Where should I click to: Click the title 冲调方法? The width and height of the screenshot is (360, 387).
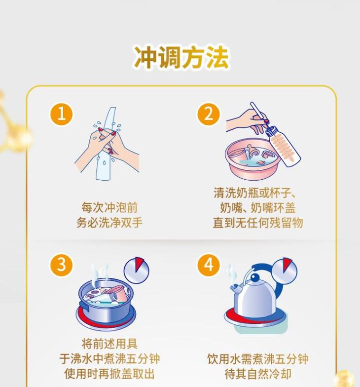[181, 57]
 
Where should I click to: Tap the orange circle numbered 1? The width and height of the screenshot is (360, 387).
[61, 115]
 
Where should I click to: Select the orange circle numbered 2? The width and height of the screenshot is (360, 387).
[208, 115]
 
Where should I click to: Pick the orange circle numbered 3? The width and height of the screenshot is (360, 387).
[61, 265]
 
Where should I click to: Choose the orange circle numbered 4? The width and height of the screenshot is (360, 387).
[208, 265]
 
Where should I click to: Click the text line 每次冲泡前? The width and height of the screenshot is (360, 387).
[109, 207]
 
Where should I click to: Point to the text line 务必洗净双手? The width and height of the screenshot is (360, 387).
[109, 223]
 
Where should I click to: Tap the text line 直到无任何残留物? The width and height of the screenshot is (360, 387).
[258, 223]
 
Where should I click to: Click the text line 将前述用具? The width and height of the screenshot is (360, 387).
[109, 344]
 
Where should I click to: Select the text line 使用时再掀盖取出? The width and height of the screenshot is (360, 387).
[109, 374]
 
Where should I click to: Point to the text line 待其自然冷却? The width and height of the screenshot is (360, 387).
[258, 374]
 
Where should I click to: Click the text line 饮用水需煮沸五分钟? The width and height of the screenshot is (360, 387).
[258, 358]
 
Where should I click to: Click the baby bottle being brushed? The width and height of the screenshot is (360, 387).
[284, 146]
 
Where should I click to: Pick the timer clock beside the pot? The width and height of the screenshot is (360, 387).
[136, 271]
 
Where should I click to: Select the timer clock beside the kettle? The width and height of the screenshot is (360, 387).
[284, 271]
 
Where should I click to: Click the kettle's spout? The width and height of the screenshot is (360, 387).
[236, 289]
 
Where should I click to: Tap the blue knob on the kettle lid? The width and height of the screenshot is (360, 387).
[254, 278]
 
